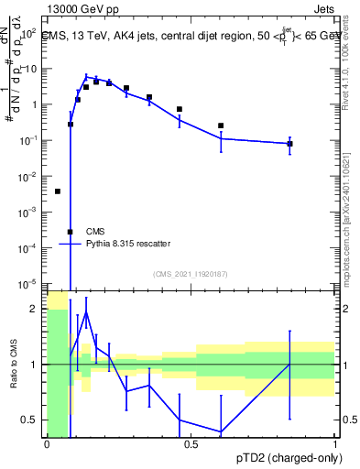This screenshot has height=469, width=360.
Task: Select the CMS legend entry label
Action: [x=95, y=231]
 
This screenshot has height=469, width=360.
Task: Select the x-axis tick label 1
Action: [x=335, y=444]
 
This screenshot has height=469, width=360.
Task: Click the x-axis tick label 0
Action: [x=47, y=444]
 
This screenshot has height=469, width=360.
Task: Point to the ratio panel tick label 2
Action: [x=35, y=309]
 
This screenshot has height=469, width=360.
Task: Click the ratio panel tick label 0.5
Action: [x=30, y=420]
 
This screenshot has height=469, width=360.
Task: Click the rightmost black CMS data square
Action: [x=289, y=144]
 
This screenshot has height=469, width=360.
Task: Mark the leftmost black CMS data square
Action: [x=58, y=191]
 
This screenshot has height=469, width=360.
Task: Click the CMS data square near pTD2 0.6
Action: [x=221, y=125]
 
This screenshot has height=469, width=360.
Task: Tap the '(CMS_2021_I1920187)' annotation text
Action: [x=190, y=274]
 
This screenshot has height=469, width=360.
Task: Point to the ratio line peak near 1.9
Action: [x=86, y=312]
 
